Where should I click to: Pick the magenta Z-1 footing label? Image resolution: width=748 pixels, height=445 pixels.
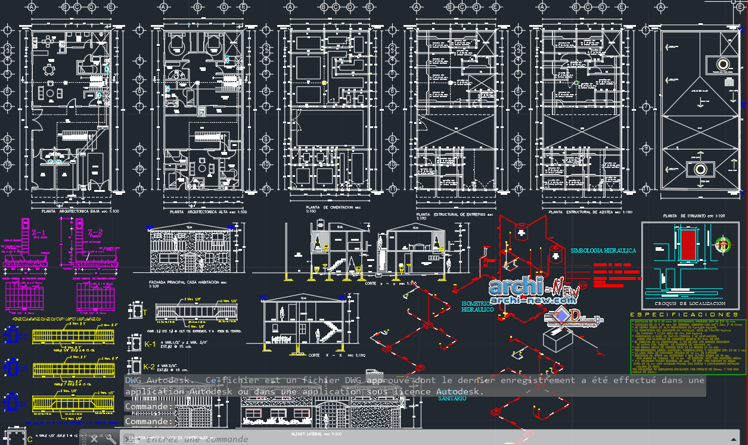click(39, 232)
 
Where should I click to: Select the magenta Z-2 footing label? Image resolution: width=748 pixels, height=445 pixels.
click(95, 232)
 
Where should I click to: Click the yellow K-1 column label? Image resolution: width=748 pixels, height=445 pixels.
click(149, 344)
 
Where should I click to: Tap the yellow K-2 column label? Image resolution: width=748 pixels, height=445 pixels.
click(149, 366)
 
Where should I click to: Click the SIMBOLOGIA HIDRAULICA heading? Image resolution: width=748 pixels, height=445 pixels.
click(603, 251)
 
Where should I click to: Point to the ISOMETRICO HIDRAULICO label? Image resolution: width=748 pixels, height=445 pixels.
click(477, 307)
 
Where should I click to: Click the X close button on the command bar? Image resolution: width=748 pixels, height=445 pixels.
click(94, 439)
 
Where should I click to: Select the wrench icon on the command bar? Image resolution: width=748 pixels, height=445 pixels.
click(110, 439)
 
